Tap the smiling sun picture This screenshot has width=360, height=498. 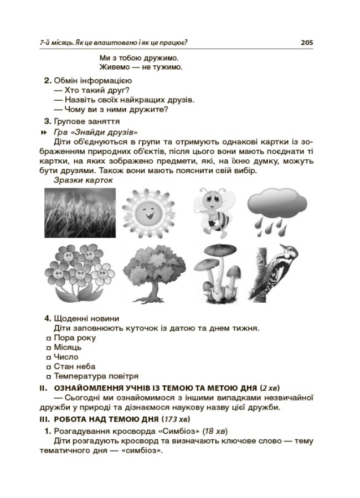click(x=150, y=212)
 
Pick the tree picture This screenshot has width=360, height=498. click(x=151, y=273)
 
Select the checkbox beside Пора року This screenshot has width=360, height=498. click(x=49, y=338)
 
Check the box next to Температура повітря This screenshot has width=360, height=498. click(x=49, y=376)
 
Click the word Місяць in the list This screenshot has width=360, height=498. click(x=68, y=347)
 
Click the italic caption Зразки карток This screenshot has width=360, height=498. click(x=83, y=180)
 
